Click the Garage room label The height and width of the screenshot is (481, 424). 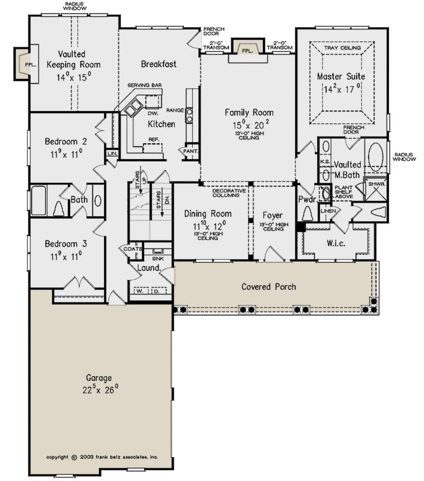click(99, 377)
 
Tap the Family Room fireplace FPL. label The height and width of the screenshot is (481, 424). click(248, 51)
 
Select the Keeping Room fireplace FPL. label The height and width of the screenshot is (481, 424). click(31, 65)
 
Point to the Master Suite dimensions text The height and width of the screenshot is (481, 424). click(342, 89)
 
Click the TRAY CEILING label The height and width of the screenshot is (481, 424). click(342, 48)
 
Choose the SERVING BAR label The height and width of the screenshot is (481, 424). click(145, 85)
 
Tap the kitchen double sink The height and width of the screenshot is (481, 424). click(133, 107)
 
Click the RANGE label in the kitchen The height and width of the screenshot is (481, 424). click(175, 110)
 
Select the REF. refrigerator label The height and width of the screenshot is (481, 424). click(154, 139)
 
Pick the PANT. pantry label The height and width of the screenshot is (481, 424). click(190, 151)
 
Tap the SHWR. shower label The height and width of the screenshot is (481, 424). click(377, 184)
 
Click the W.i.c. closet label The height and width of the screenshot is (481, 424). click(336, 243)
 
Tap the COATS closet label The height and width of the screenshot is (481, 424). click(133, 249)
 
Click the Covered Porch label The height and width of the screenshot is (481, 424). click(269, 287)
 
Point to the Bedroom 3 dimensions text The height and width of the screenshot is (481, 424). click(66, 257)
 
